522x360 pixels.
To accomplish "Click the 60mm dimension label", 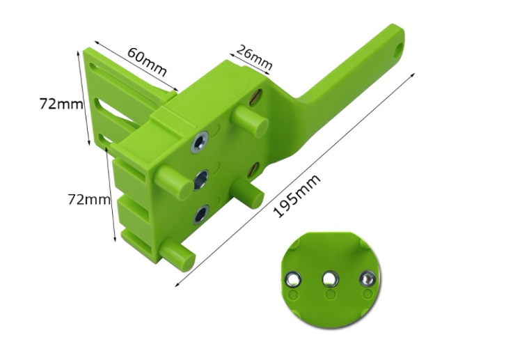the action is (147, 62).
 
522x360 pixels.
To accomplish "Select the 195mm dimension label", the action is (296, 196).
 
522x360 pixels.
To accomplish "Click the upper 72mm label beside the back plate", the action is (61, 104).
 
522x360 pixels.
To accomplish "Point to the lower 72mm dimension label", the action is (89, 199).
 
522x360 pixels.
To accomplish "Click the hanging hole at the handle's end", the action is (398, 49).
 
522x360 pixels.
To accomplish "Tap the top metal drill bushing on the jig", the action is (200, 142).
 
